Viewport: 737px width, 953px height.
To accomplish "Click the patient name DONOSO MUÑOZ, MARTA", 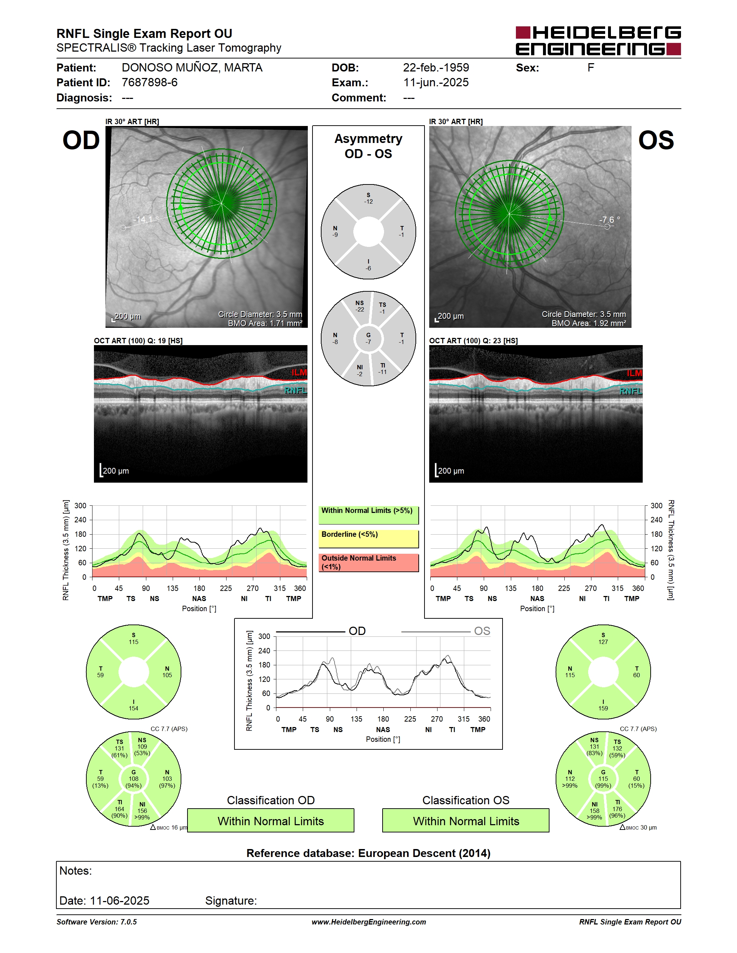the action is point(192,68).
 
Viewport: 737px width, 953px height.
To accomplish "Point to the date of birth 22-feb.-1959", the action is point(436,68).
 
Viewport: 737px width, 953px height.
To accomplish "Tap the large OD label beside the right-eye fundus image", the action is point(81,140).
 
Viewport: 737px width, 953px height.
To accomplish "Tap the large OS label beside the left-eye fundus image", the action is point(656,140).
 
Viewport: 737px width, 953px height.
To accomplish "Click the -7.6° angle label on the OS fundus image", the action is point(609,219).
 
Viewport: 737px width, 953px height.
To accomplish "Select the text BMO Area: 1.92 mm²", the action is point(589,323).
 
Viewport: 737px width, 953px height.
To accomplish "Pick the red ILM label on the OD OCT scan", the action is point(299,372).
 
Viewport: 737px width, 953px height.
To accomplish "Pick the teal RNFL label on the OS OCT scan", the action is point(631,391).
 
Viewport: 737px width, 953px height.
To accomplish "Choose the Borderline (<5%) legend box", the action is point(368,539).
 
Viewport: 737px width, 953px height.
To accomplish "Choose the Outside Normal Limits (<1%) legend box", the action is point(368,563).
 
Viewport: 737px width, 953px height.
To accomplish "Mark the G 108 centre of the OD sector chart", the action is point(134,779).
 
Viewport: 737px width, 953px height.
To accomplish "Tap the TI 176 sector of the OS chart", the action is point(617,809).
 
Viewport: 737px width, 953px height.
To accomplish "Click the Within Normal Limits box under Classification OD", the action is point(271,821).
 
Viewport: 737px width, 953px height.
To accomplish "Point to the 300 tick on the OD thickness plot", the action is point(80,506).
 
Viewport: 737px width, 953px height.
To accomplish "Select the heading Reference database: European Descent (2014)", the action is point(368,853).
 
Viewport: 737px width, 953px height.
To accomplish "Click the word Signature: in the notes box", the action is point(231,901).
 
